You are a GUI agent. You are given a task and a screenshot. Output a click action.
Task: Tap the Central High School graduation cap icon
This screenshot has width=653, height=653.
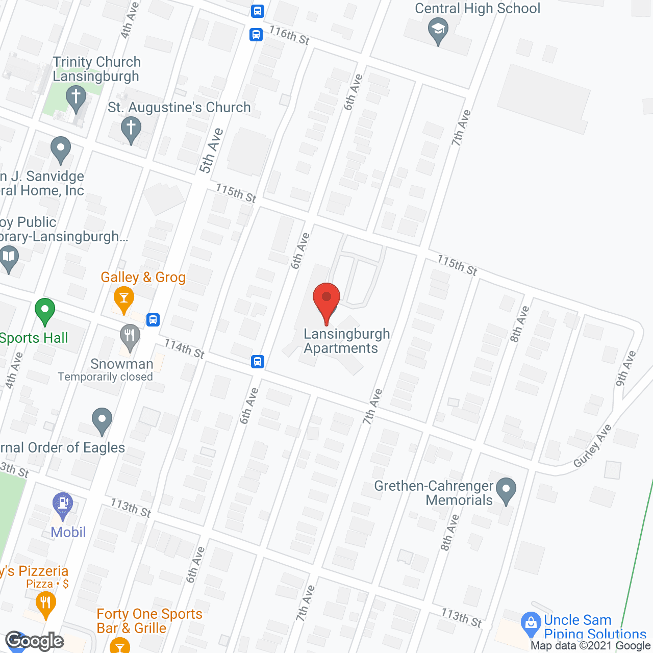tap(438, 30)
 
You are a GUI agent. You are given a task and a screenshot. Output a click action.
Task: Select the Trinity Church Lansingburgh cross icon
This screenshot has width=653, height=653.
tap(76, 97)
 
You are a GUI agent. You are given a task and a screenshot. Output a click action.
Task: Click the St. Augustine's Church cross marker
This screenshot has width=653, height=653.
tap(131, 129)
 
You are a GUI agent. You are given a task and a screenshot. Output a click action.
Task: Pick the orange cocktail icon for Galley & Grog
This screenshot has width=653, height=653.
tap(123, 298)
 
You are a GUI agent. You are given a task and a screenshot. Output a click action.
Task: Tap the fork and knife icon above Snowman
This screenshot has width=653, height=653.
tap(130, 337)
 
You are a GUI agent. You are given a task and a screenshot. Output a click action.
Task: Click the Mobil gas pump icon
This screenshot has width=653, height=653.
tap(63, 505)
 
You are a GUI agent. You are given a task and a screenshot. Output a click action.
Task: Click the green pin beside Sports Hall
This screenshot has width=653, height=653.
tap(45, 310)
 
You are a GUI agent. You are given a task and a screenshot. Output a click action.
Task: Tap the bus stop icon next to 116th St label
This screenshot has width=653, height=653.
tap(256, 35)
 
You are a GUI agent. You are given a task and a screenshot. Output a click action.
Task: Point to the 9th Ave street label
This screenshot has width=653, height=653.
tap(626, 368)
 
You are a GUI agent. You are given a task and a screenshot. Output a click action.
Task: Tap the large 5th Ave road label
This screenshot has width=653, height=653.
tap(211, 150)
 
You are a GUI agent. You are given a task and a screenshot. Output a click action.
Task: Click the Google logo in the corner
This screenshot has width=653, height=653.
tap(35, 641)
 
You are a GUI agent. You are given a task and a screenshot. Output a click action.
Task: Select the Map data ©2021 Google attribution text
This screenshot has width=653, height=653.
tap(591, 646)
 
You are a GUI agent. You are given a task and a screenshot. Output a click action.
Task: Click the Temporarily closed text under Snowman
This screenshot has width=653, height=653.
tap(105, 377)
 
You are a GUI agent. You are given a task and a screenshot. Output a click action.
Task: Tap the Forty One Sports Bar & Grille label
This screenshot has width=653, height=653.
tap(149, 621)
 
